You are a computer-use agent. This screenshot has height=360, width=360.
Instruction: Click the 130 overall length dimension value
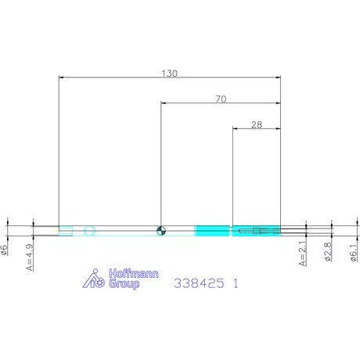point(170,74)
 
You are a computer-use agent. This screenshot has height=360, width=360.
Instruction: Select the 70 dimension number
point(221,99)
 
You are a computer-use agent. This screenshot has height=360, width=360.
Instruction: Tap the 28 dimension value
point(257,124)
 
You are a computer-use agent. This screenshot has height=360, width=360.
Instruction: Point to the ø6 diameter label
point(5,250)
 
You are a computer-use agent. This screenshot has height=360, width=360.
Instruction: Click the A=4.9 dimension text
point(30,257)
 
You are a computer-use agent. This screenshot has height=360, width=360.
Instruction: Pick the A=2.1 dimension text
point(303,254)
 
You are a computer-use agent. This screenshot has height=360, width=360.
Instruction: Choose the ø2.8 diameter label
point(328,252)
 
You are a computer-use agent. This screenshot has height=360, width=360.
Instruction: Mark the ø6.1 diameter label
point(354,253)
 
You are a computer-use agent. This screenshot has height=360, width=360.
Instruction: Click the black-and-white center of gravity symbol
point(161,231)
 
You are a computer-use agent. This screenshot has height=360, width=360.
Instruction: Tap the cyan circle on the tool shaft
point(89,231)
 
